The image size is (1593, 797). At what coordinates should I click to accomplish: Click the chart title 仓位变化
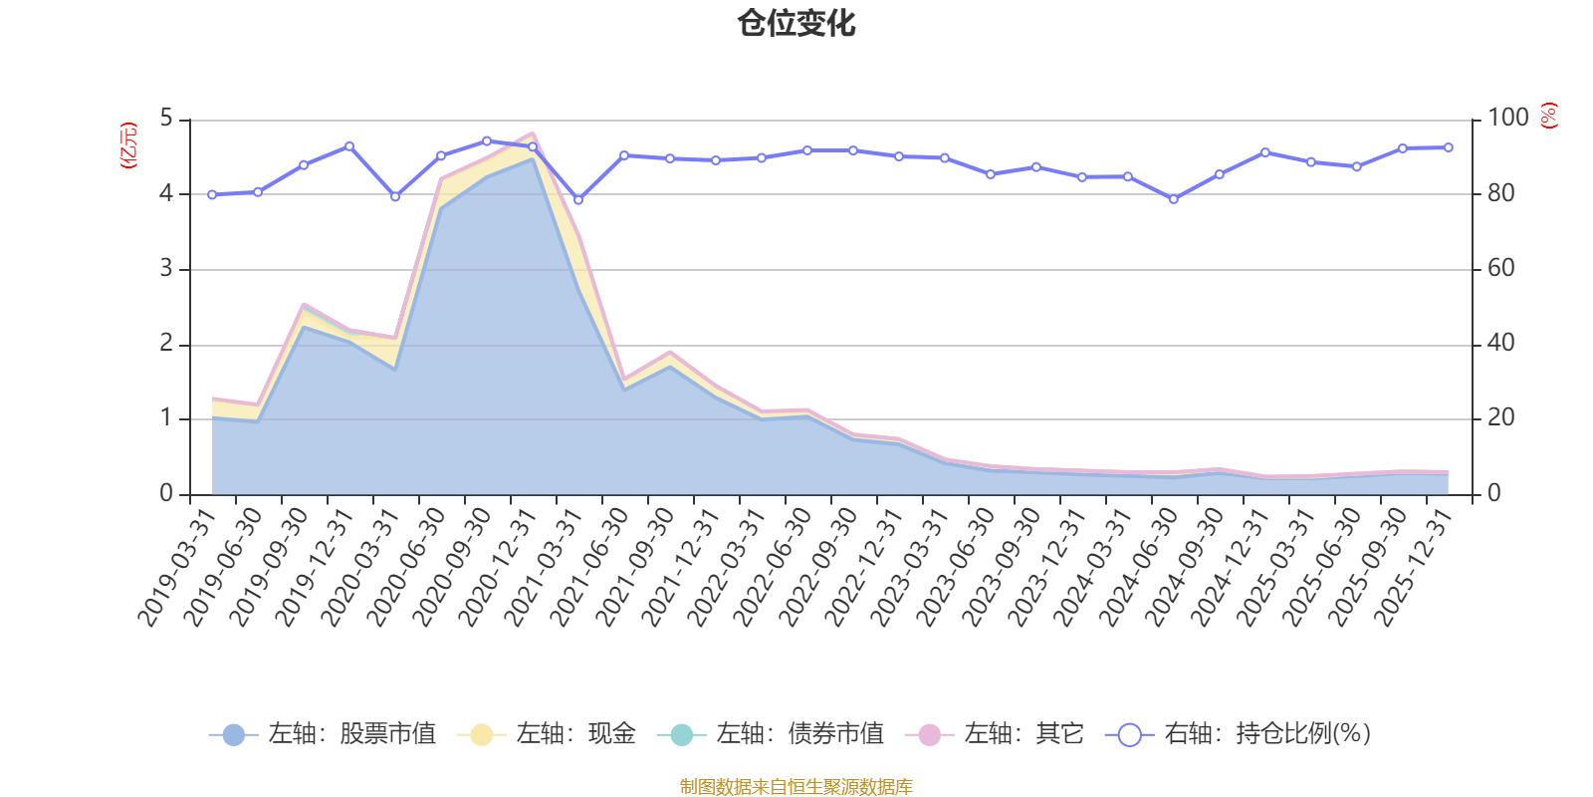796,24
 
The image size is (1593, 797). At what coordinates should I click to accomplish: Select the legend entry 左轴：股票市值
323,734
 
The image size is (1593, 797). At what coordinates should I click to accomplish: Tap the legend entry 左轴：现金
547,734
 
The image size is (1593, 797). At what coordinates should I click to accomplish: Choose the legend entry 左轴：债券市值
771,734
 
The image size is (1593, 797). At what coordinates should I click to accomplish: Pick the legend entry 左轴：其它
995,734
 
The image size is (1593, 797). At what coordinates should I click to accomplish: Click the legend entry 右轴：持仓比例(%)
1239,734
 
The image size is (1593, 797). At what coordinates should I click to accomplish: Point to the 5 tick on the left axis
166,120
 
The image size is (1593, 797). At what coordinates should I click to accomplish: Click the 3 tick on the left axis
166,269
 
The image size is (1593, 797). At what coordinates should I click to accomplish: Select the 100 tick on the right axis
1507,118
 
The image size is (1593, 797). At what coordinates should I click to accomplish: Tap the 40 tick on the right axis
1501,344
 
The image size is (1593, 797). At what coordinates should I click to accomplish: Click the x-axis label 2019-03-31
177,568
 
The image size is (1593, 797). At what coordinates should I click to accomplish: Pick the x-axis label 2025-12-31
1414,568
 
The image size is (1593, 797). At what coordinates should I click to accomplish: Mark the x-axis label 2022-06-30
773,568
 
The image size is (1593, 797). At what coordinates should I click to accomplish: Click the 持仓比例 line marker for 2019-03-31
212,194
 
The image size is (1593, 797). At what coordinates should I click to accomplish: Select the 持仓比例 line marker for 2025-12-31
1449,147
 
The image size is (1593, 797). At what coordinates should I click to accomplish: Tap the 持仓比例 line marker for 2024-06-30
1174,199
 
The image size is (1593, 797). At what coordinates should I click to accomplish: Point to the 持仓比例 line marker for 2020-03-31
395,196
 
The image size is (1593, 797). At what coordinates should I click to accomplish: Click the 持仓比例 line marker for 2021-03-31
578,200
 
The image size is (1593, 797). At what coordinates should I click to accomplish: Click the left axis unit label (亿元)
128,145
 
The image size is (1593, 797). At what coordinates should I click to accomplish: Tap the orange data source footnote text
796,787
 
